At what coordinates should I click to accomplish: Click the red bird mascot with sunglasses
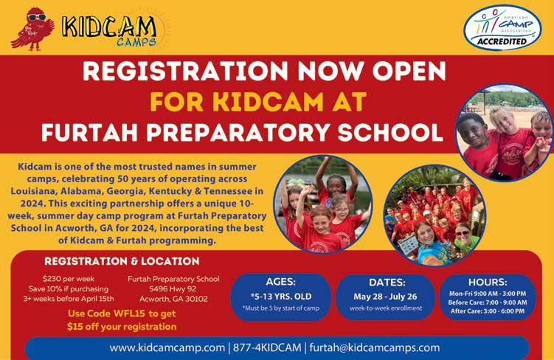coord(33,29)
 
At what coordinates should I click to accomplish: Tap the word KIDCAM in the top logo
coord(109,27)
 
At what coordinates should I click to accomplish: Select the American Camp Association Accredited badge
coord(502,27)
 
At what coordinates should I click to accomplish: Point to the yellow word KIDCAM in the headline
coord(268,102)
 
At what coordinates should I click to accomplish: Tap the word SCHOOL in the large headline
coord(390,133)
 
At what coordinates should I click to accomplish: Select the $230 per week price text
coord(69,279)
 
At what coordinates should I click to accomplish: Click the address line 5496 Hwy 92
coord(173,288)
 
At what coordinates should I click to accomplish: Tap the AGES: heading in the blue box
coord(281,282)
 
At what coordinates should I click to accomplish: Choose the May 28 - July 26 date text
coord(386,297)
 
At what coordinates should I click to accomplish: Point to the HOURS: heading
coord(488,283)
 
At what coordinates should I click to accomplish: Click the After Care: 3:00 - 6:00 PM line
coord(488,311)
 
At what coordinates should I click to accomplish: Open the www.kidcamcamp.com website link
coord(167,347)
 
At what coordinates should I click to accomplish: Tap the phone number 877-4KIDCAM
coord(267,347)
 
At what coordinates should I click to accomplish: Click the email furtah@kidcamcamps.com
coord(375,347)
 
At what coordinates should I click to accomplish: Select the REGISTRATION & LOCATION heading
coord(122,261)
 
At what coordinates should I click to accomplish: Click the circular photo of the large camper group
coord(435,215)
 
